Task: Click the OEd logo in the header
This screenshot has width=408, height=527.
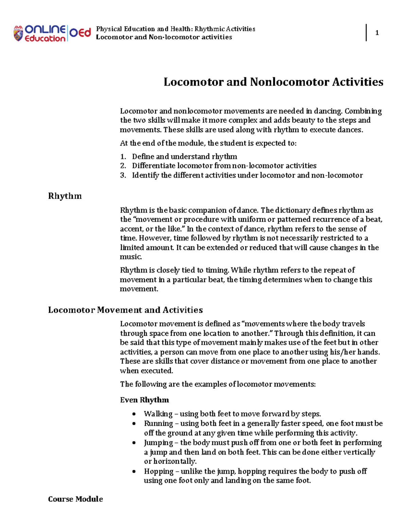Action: pos(80,33)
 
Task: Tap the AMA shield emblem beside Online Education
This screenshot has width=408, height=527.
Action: pos(18,34)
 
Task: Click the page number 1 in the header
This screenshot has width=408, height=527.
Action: pos(377,33)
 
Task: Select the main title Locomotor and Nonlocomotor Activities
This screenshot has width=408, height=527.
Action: pos(273,82)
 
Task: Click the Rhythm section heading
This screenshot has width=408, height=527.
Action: pos(65,196)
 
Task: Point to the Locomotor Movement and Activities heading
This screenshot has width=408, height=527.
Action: pos(125,310)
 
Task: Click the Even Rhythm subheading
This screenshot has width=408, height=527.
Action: pos(144,400)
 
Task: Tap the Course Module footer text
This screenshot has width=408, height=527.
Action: pos(75,499)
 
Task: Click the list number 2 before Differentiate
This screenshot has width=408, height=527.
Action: pos(123,166)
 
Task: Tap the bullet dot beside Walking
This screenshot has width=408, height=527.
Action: pos(134,414)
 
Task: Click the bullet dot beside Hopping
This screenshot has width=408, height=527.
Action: pos(134,471)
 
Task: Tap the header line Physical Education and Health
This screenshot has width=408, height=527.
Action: pos(175,29)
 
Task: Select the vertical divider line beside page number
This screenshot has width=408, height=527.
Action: pos(366,33)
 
